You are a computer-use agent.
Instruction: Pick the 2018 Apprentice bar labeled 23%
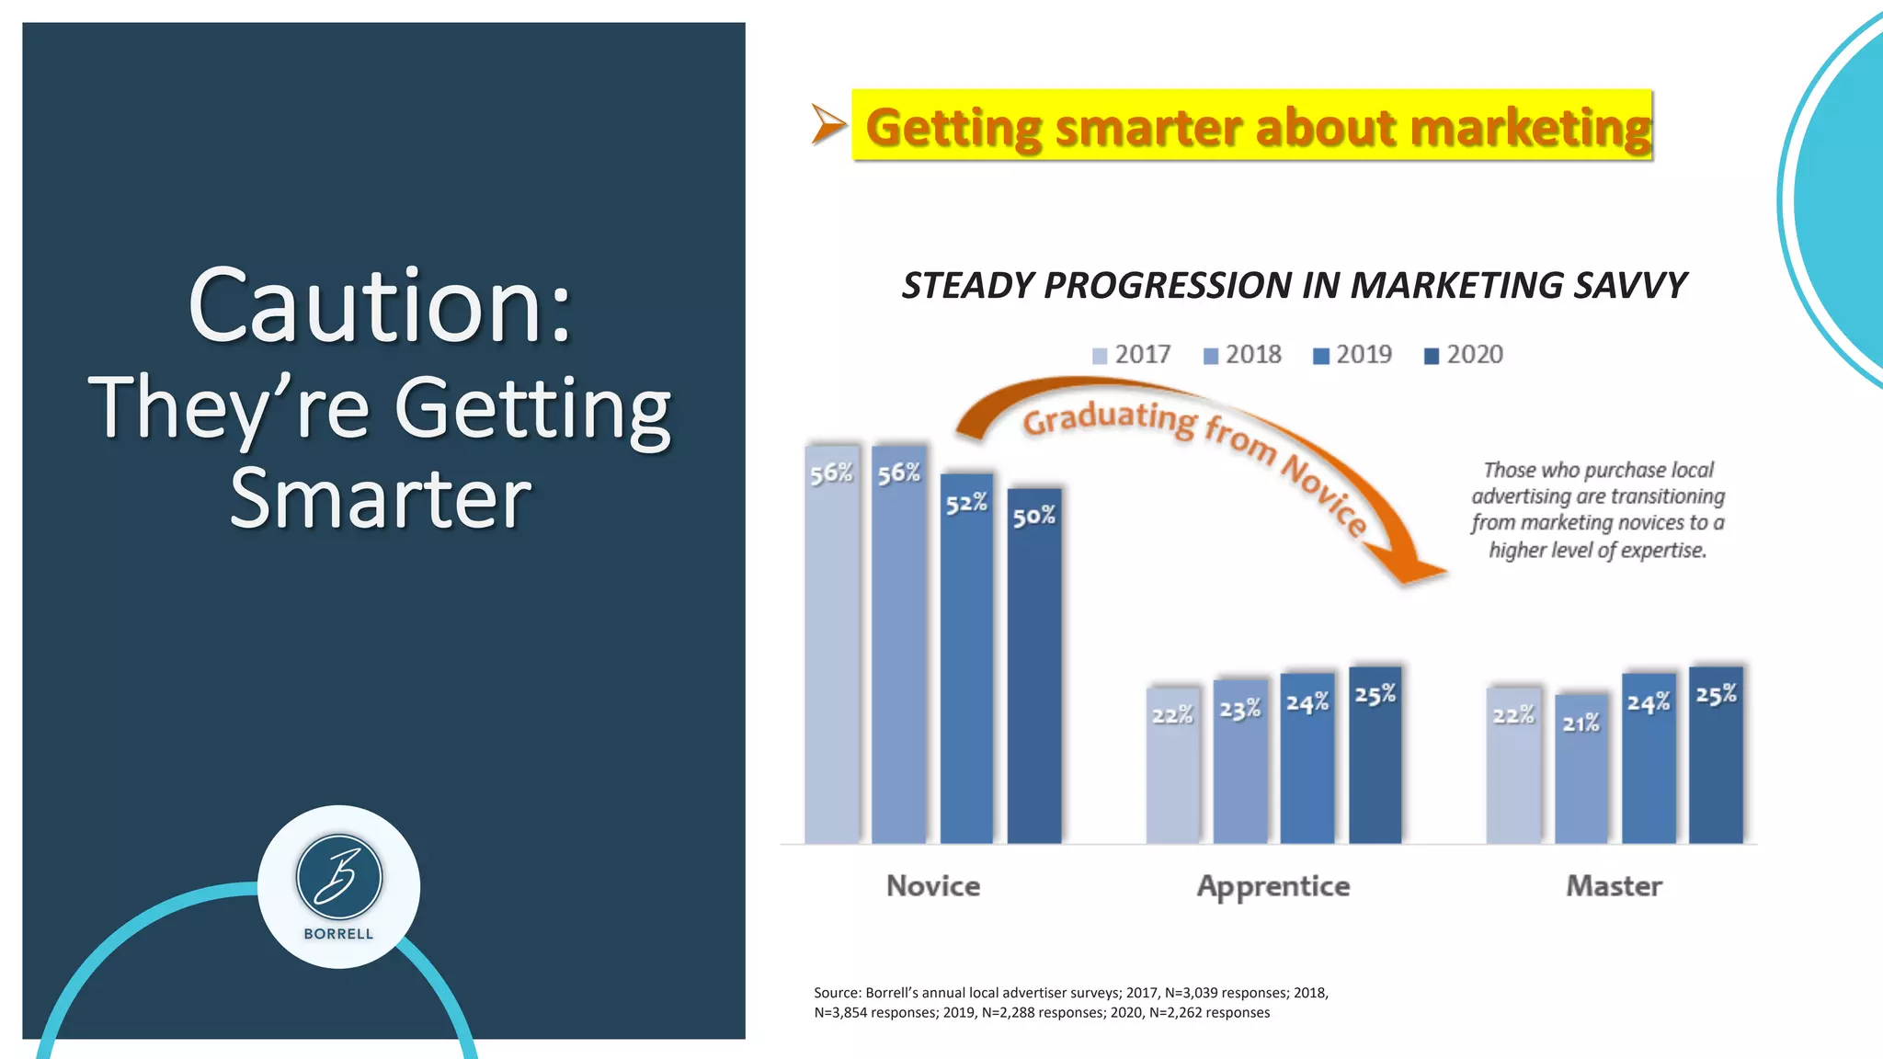pyautogui.click(x=1240, y=762)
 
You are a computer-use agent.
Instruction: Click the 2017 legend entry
pyautogui.click(x=1132, y=355)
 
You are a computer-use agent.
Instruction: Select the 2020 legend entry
pyautogui.click(x=1464, y=355)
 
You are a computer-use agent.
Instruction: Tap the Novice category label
pyautogui.click(x=933, y=886)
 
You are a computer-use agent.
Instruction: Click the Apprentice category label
pyautogui.click(x=1273, y=886)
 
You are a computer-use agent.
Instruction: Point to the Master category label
pyautogui.click(x=1614, y=886)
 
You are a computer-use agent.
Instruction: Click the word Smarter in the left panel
pyautogui.click(x=381, y=499)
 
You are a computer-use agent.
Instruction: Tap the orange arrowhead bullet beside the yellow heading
pyautogui.click(x=827, y=125)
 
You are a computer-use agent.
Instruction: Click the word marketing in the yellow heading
pyautogui.click(x=1530, y=127)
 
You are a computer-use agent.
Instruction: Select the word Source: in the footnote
pyautogui.click(x=837, y=993)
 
